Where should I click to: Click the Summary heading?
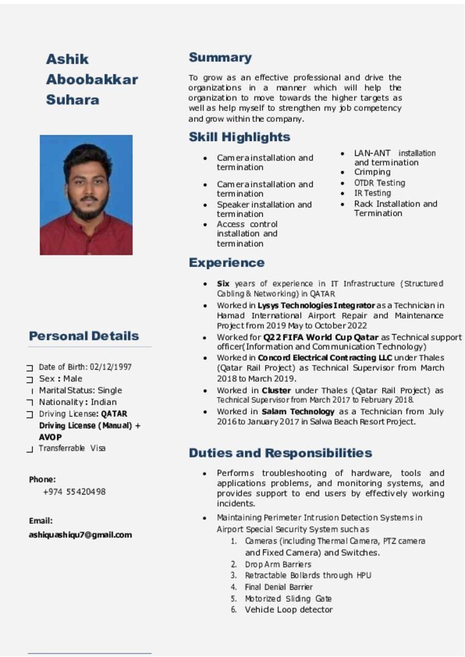pos(220,58)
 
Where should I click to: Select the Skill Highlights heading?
pos(239,137)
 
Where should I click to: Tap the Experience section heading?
pos(226,263)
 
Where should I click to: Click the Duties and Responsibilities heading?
pos(280,454)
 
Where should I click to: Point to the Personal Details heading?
pos(84,336)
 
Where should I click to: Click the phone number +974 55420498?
pos(74,492)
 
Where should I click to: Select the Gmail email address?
pos(80,534)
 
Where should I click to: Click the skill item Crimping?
pos(372,173)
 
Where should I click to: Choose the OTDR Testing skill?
pos(380,183)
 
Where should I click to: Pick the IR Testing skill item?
pos(373,193)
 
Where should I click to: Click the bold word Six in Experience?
pos(223,284)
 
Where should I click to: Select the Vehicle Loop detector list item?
pos(289,610)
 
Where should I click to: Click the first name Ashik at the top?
pos(67,60)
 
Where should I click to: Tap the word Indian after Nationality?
pos(104,402)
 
